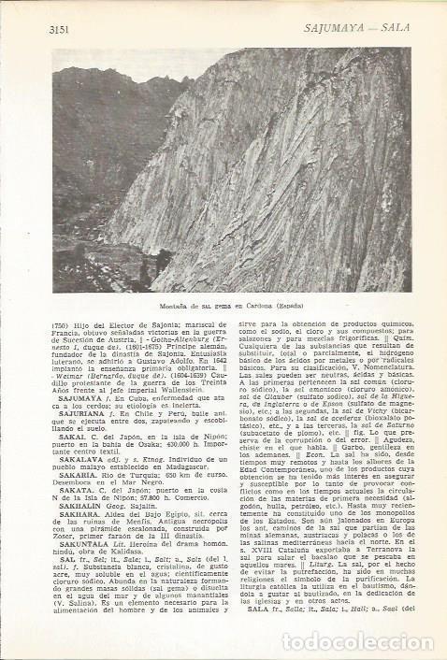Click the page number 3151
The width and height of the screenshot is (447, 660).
pyautogui.click(x=61, y=29)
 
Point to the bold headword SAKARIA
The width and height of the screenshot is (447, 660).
pyautogui.click(x=76, y=501)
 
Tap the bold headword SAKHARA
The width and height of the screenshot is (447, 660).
pyautogui.click(x=78, y=553)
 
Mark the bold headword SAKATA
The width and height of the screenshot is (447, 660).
pyautogui.click(x=74, y=516)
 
